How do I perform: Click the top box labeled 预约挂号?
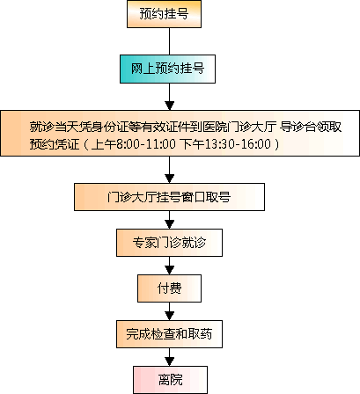point(164,14)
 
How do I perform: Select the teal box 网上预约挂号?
point(167,69)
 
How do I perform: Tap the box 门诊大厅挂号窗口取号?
point(169,197)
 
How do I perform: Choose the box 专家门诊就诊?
point(169,243)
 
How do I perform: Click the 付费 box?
point(169,288)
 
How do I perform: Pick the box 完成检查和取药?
point(169,334)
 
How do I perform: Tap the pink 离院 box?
point(170,380)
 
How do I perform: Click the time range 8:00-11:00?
point(146,144)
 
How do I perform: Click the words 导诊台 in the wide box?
point(298,127)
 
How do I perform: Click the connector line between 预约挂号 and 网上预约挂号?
point(169,41)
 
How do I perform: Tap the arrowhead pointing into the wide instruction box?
point(169,106)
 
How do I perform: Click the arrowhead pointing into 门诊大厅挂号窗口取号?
point(169,179)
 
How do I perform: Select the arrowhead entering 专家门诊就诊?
point(169,224)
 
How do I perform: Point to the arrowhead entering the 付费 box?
point(169,270)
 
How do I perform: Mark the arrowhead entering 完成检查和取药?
point(169,316)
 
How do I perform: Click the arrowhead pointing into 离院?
point(169,361)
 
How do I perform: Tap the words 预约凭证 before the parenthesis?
point(55,144)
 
